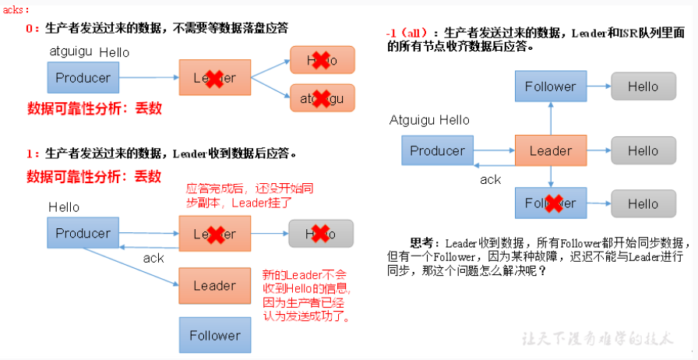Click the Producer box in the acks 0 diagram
click(83, 78)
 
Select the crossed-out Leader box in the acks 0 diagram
click(214, 78)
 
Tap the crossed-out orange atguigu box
click(322, 99)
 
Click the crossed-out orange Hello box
click(322, 60)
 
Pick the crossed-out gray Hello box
click(320, 233)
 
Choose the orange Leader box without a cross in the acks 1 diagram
click(214, 286)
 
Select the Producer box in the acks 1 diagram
click(83, 233)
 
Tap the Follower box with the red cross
click(551, 203)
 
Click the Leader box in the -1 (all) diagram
click(551, 151)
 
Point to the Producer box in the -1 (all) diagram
click(437, 151)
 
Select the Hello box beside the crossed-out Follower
click(643, 203)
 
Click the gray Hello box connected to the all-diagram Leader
click(643, 151)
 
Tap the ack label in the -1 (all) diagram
click(491, 179)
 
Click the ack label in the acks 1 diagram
click(154, 258)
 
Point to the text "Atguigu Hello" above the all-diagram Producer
click(429, 120)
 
